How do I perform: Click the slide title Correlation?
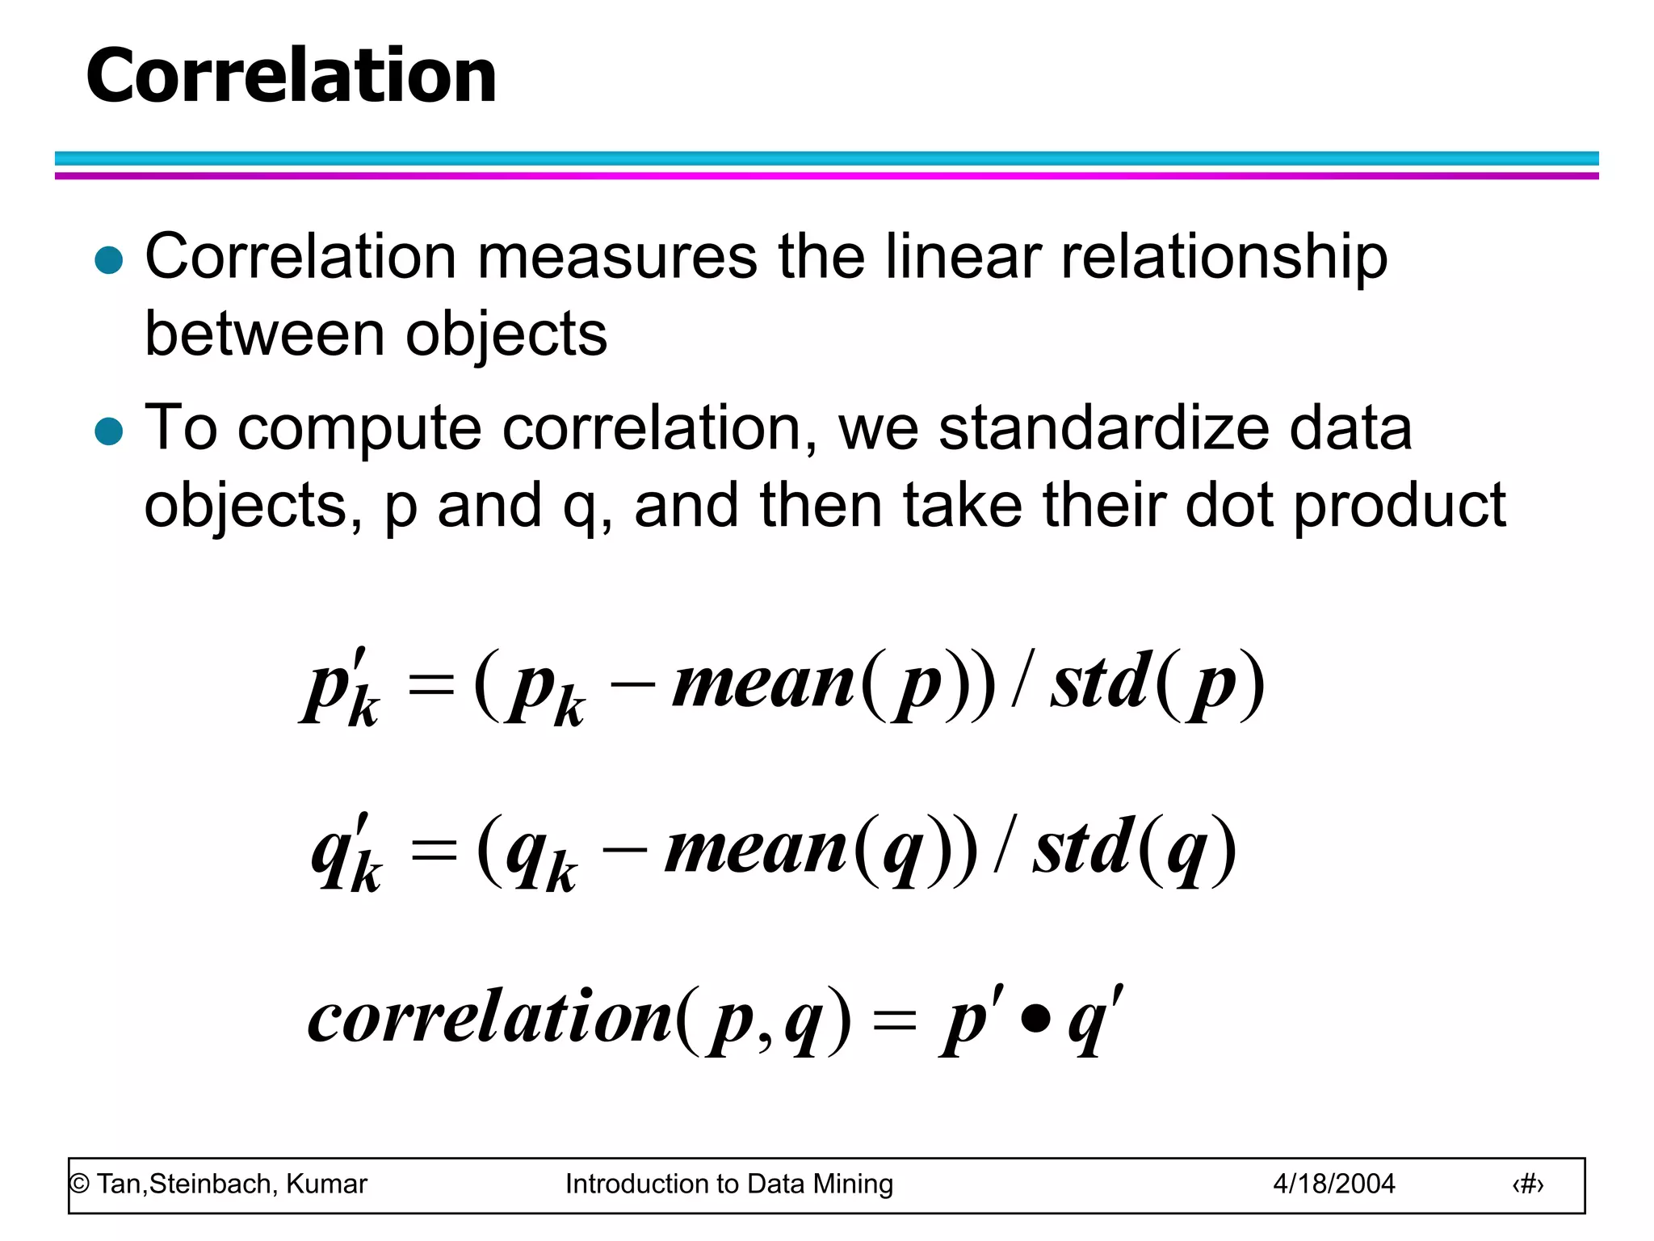[x=291, y=76]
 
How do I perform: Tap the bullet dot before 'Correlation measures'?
[x=109, y=260]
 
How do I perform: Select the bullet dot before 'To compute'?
[x=109, y=431]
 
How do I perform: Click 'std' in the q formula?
[x=1082, y=848]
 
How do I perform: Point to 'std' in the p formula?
[x=1100, y=684]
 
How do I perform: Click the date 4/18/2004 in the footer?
[x=1333, y=1184]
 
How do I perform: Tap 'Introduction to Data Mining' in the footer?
[x=728, y=1184]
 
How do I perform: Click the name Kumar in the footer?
[x=326, y=1184]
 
